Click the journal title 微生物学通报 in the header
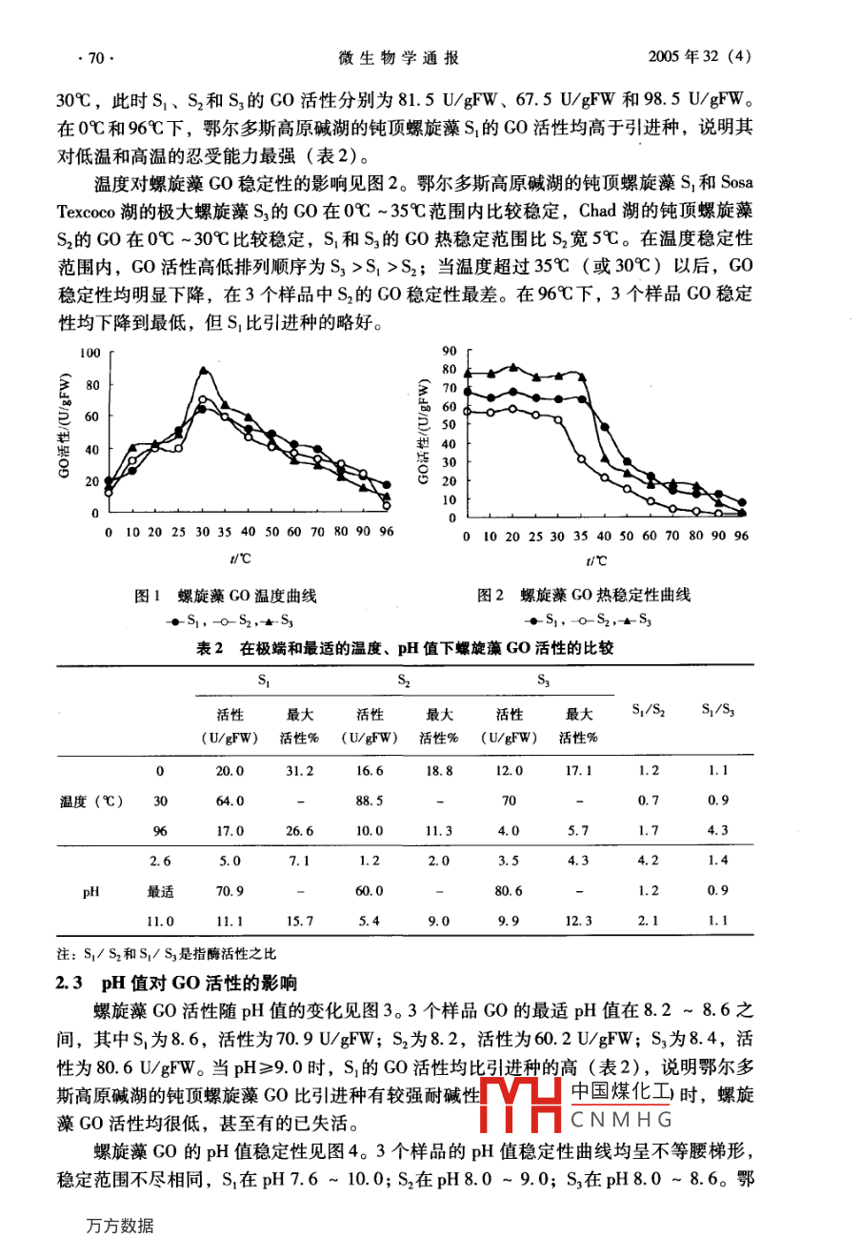[398, 58]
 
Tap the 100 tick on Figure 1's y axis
[90, 354]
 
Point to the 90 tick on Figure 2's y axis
[451, 351]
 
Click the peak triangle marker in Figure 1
[203, 370]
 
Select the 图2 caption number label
[491, 596]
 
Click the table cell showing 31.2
[299, 771]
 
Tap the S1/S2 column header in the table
[649, 710]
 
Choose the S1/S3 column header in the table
[718, 710]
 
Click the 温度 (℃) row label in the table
[91, 801]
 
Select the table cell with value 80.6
[510, 891]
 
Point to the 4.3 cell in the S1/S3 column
[718, 830]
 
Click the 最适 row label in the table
[161, 891]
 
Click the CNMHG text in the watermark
[622, 1120]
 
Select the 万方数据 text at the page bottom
[118, 1227]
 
